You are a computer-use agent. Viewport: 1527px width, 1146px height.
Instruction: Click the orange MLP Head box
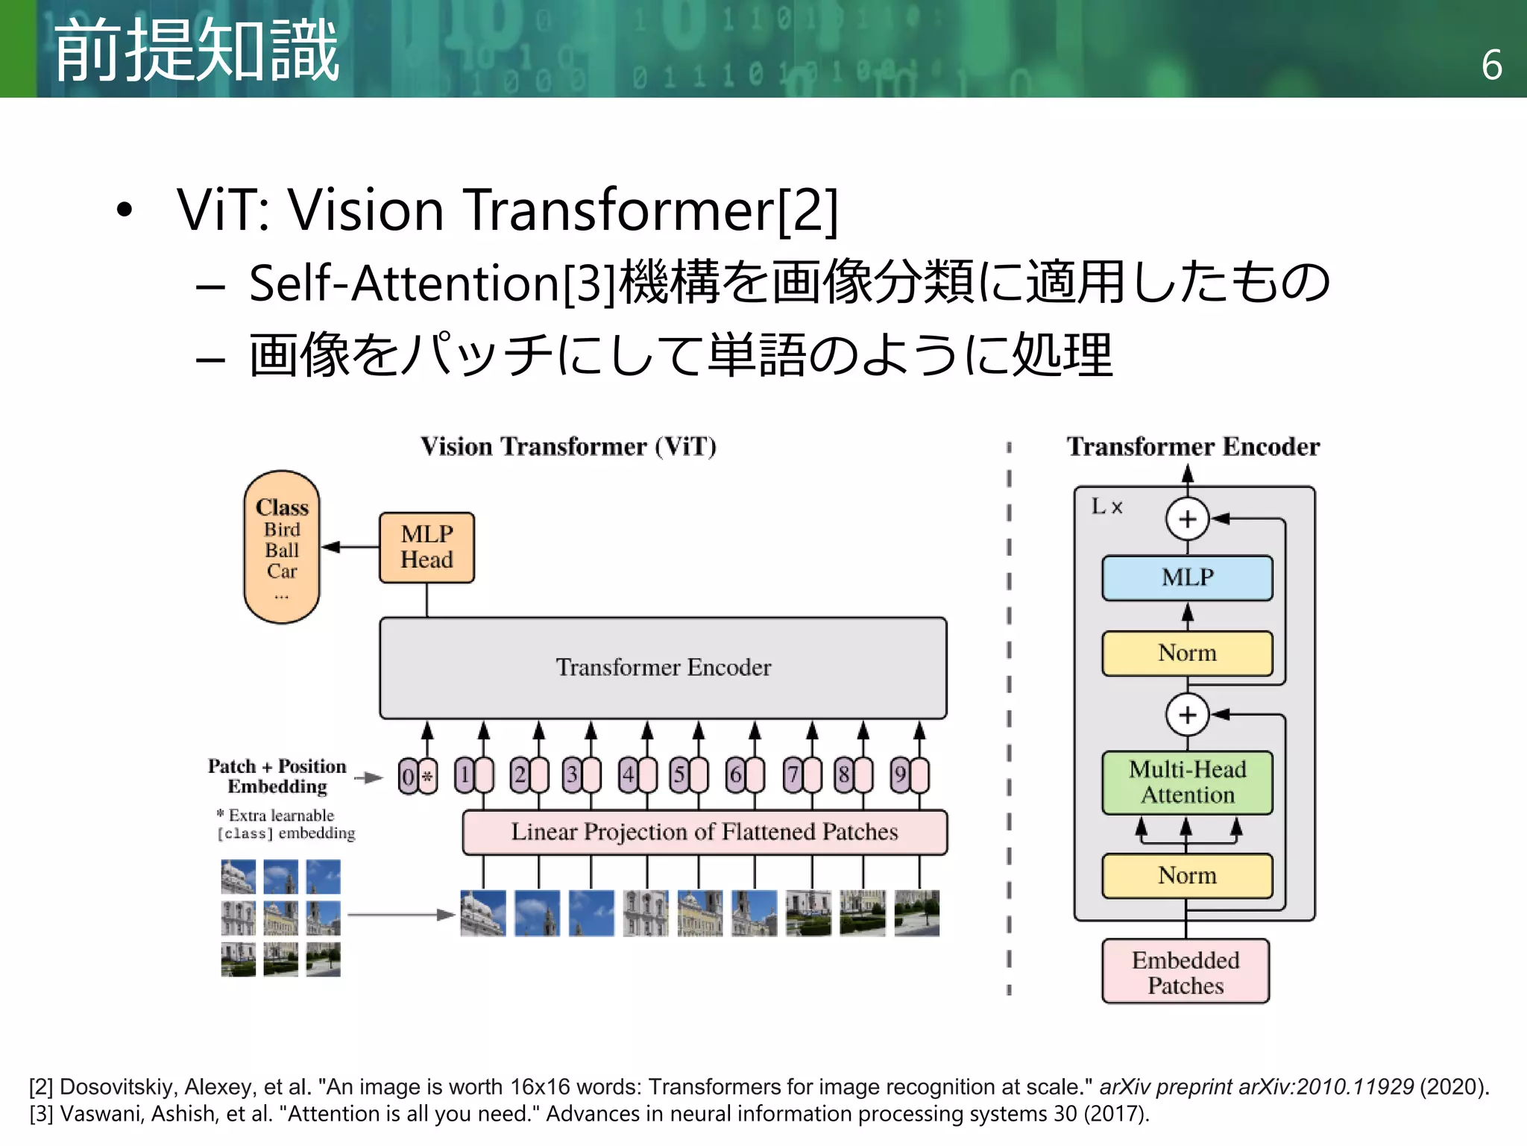coord(426,547)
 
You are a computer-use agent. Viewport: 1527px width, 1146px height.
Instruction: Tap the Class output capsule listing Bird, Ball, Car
coord(282,547)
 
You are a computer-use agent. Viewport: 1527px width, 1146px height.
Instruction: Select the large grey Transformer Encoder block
coord(663,667)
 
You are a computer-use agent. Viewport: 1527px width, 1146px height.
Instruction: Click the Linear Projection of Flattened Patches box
coord(705,832)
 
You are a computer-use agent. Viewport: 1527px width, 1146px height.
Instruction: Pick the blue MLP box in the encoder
coord(1187,577)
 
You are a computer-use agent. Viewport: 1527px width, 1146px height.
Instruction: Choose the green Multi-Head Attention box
coord(1187,782)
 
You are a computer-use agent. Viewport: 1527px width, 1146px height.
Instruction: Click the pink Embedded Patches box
coord(1186,971)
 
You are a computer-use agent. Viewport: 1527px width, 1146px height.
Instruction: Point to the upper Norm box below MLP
coord(1187,654)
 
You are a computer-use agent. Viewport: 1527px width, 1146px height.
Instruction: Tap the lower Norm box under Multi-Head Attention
coord(1187,875)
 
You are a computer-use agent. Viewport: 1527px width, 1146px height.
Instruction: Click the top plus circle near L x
coord(1187,519)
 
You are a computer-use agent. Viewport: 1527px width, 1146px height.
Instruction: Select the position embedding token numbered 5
coord(679,775)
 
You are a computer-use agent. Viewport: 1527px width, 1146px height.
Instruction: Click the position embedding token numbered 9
coord(901,775)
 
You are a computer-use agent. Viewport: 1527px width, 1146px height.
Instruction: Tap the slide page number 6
coord(1491,66)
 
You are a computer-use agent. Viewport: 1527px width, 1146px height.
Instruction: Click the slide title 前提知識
coord(197,51)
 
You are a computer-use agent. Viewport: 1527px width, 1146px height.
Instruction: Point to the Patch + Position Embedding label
coord(277,776)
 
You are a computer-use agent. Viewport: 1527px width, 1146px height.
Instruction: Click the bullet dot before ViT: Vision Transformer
coord(125,210)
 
